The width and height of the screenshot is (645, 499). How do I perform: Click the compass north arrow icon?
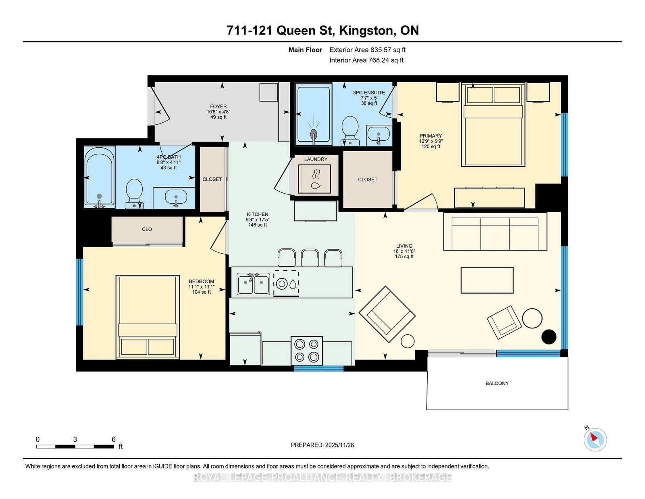click(595, 440)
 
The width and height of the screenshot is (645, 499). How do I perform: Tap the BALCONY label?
click(497, 384)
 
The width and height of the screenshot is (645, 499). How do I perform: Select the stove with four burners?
click(307, 351)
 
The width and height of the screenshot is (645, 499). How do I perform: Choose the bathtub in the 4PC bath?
click(100, 177)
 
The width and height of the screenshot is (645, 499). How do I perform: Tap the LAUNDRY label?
click(316, 159)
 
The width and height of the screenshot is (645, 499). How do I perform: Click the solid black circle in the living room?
click(549, 337)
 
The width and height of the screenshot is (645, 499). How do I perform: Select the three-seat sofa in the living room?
click(495, 232)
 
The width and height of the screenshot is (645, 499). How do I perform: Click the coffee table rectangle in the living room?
click(487, 280)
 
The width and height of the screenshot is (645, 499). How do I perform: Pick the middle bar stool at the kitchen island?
click(310, 257)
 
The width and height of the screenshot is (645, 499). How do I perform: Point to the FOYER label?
click(218, 106)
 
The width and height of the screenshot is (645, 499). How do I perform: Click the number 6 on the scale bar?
click(113, 439)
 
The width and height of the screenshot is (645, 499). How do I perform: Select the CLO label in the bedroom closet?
click(147, 229)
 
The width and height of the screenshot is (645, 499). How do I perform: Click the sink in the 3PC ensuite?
click(379, 136)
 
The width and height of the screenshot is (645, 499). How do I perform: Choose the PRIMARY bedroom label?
click(431, 136)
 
